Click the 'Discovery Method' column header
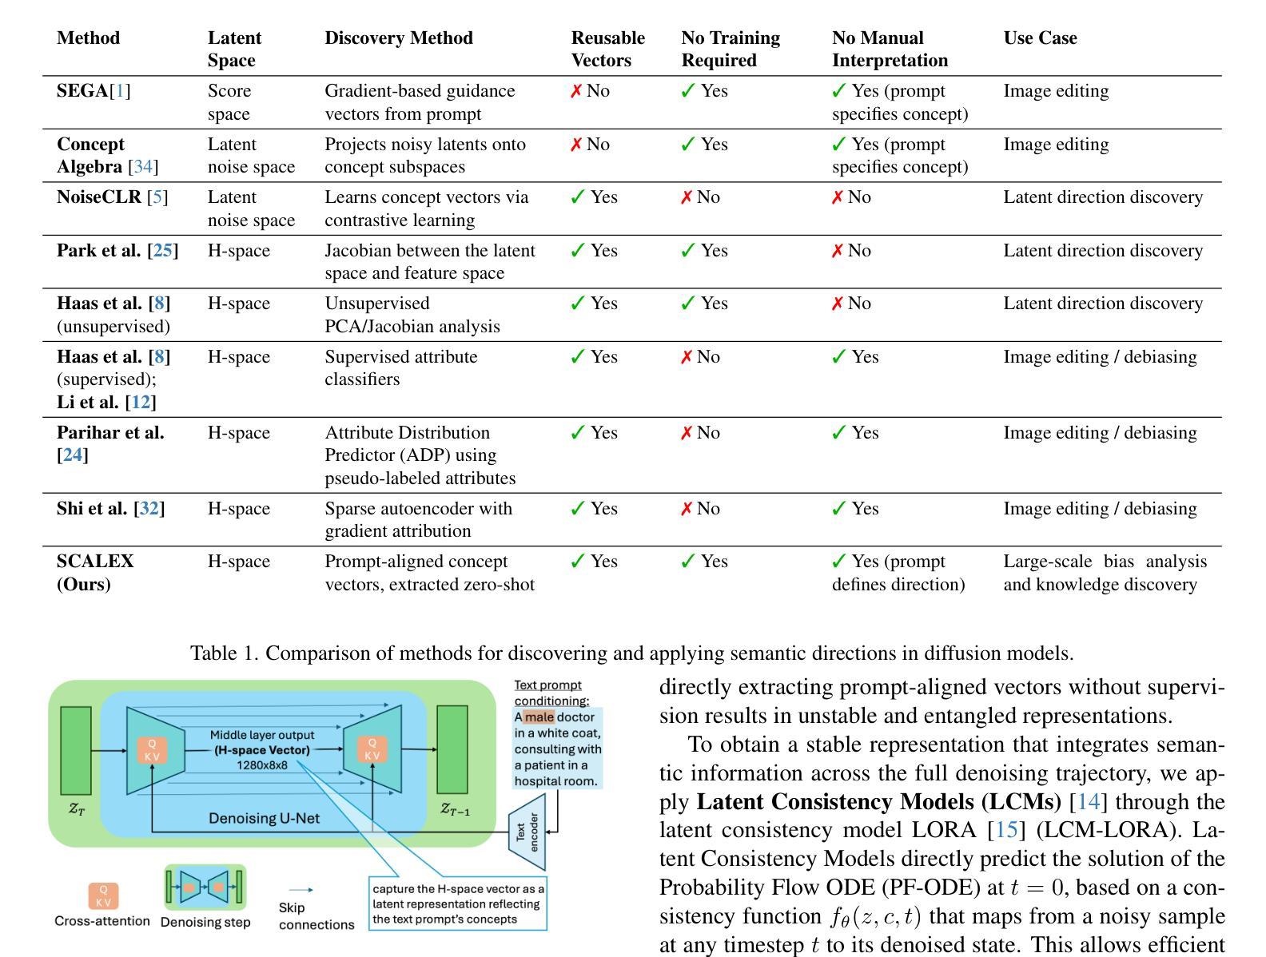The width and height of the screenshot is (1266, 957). tap(398, 38)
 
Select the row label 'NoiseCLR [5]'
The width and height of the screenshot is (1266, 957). tap(112, 197)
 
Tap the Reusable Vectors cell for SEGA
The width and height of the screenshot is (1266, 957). tap(590, 91)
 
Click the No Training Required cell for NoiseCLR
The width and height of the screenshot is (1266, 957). tap(700, 197)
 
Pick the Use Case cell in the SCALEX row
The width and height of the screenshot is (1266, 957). tap(1105, 573)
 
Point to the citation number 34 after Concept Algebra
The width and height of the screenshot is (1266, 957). tap(143, 167)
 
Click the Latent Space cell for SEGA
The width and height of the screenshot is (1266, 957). tap(229, 102)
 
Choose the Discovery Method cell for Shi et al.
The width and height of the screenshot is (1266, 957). tap(418, 519)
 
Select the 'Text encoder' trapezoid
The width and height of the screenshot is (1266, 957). tap(527, 832)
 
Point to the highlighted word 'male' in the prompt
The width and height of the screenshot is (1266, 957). tap(539, 717)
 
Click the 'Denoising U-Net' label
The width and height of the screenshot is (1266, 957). tap(264, 818)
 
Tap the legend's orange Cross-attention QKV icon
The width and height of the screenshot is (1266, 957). tap(103, 895)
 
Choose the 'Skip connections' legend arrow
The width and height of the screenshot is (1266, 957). tap(300, 890)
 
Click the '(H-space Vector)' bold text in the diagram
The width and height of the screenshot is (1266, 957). tap(261, 750)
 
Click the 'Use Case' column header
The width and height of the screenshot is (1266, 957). tap(1040, 38)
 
